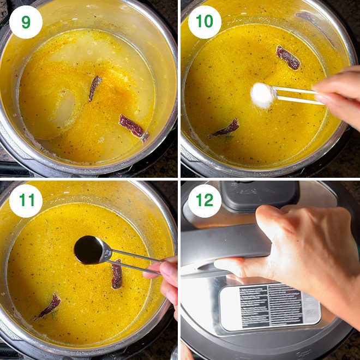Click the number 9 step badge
[x=26, y=22]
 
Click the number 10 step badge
[x=205, y=22]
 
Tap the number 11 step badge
[x=26, y=200]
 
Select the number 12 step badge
[x=205, y=200]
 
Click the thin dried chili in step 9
[x=95, y=87]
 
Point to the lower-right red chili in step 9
[x=133, y=127]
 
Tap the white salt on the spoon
[x=262, y=95]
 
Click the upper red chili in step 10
[x=288, y=57]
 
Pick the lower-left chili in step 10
[x=227, y=129]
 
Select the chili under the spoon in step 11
[x=117, y=274]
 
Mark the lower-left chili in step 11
[x=49, y=306]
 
